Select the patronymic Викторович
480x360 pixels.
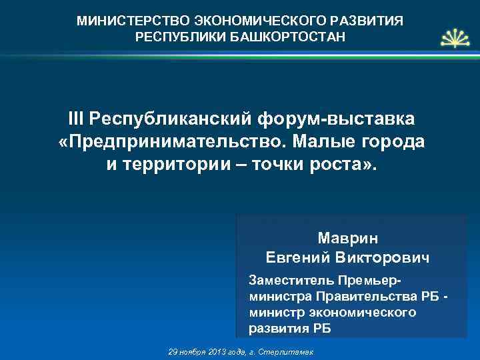tap(387, 257)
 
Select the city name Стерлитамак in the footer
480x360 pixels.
tap(294, 351)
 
